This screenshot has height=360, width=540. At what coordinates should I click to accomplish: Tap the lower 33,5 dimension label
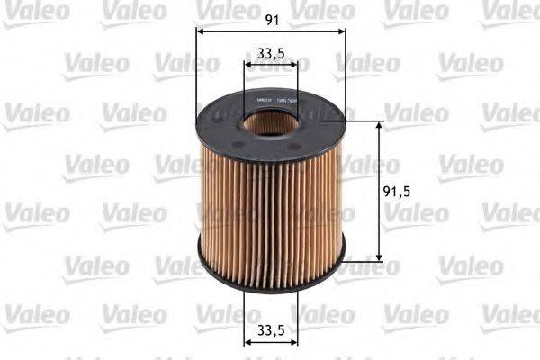click(x=271, y=329)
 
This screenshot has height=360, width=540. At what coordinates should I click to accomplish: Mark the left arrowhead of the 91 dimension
click(x=200, y=31)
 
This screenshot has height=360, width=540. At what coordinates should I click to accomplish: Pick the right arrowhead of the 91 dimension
click(x=341, y=31)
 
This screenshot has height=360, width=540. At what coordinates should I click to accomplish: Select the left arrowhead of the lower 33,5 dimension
click(x=247, y=343)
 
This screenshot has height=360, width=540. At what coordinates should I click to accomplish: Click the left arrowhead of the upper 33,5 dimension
click(x=247, y=66)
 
